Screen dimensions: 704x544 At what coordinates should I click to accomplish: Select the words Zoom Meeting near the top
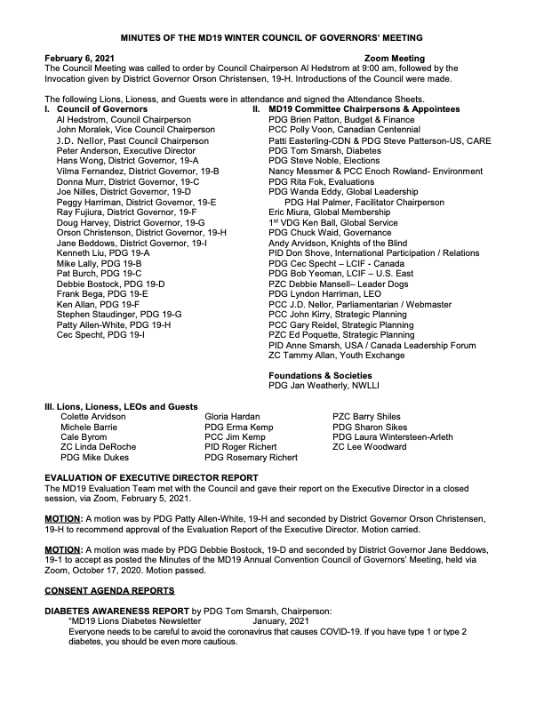(395, 58)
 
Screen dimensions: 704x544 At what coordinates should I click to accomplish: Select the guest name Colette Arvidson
(92, 416)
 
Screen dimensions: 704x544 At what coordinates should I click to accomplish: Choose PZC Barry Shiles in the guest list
(365, 416)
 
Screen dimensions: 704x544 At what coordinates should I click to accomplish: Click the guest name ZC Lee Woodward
(369, 447)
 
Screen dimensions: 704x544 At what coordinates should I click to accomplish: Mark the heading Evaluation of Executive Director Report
(151, 478)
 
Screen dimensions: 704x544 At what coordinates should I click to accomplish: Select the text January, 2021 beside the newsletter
(283, 620)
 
